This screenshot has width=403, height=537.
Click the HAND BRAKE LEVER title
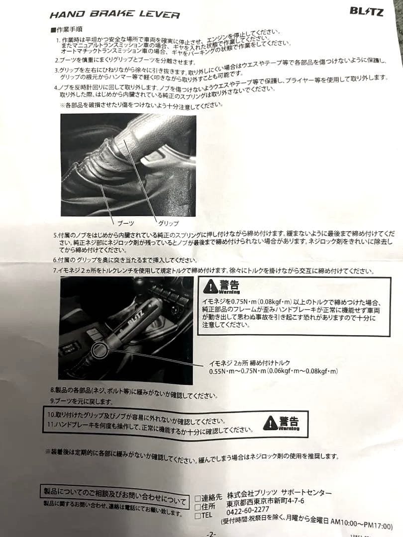click(114, 14)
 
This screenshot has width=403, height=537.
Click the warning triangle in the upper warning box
click(211, 286)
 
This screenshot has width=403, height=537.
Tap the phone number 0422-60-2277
click(247, 510)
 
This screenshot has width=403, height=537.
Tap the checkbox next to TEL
click(198, 516)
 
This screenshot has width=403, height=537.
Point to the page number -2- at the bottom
click(211, 534)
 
